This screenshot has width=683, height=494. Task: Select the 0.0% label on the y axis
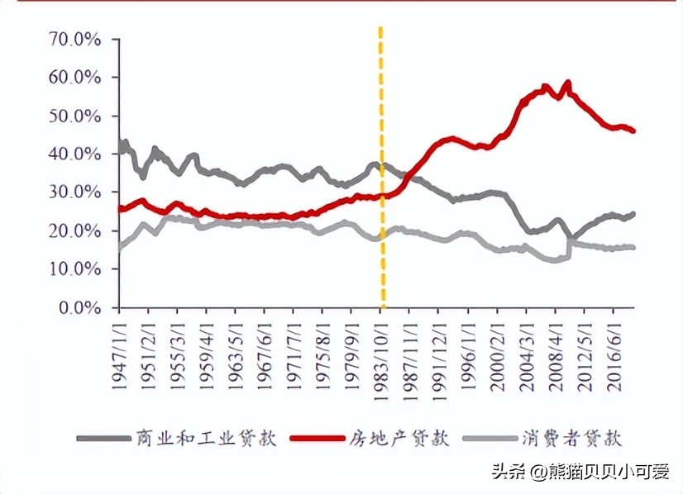click(x=82, y=307)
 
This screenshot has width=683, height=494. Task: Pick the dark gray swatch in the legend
click(x=102, y=438)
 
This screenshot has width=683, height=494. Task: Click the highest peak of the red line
click(x=567, y=83)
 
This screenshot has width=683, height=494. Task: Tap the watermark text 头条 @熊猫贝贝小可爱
click(x=580, y=472)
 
